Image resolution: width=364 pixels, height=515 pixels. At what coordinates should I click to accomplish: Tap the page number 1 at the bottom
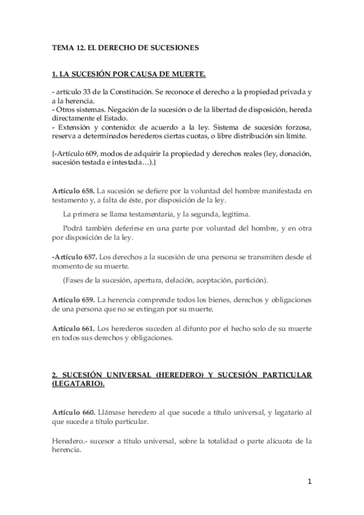pyautogui.click(x=309, y=482)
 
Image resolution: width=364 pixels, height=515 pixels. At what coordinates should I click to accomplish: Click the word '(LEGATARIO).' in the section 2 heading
pyautogui.click(x=78, y=384)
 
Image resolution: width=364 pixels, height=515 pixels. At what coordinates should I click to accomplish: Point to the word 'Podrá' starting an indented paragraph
pyautogui.click(x=73, y=229)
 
